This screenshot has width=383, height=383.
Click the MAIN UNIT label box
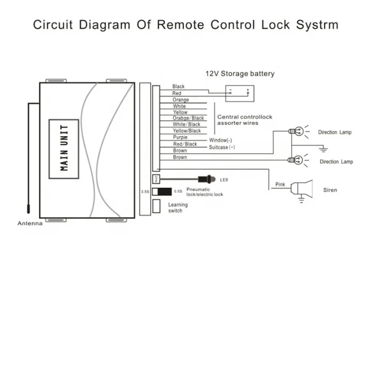(64, 147)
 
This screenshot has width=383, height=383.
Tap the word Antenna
(29, 223)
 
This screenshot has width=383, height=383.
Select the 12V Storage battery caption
(240, 74)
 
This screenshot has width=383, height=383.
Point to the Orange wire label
(180, 100)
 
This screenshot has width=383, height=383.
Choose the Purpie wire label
(180, 137)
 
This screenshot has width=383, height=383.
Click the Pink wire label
(281, 184)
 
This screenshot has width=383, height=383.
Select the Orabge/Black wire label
(188, 118)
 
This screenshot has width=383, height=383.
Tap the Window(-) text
(220, 140)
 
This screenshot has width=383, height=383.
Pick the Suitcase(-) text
(222, 147)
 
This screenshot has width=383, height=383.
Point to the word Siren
(330, 190)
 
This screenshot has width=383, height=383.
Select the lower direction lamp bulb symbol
(298, 159)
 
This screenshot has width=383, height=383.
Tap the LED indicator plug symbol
(207, 178)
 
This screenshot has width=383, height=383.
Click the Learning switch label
(178, 207)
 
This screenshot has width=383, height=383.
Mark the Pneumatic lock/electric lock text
(204, 191)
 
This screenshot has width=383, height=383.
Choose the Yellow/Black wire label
(186, 131)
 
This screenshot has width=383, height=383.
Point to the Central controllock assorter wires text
(245, 120)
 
